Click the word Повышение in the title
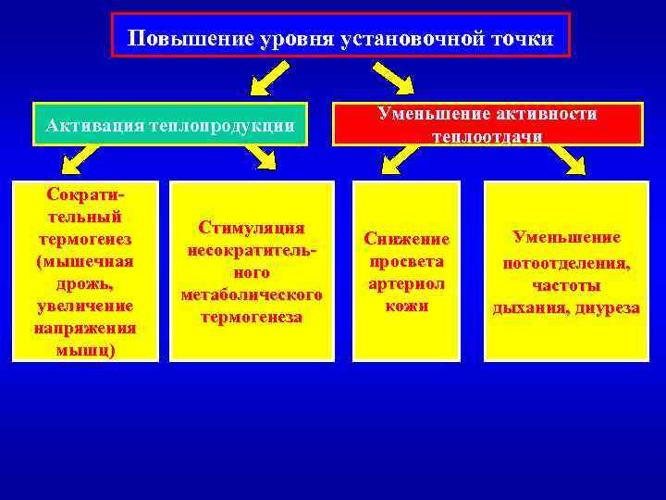pyautogui.click(x=176, y=39)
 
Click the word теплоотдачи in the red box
pyautogui.click(x=487, y=135)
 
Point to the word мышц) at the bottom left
pyautogui.click(x=84, y=350)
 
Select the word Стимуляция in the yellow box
pyautogui.click(x=253, y=228)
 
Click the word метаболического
pyautogui.click(x=253, y=295)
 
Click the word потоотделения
pyautogui.click(x=566, y=264)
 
